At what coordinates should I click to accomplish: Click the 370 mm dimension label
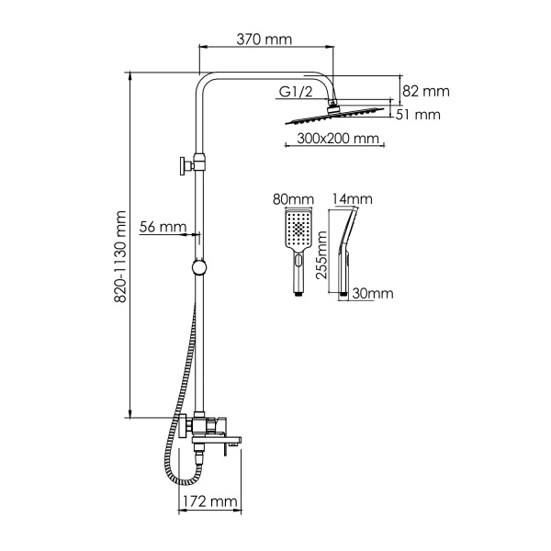pyautogui.click(x=264, y=39)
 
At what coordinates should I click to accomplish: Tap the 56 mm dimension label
pyautogui.click(x=163, y=227)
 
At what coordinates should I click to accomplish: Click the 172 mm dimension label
pyautogui.click(x=207, y=502)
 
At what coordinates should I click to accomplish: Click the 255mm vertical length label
pyautogui.click(x=322, y=259)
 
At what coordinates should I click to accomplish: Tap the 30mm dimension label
pyautogui.click(x=374, y=294)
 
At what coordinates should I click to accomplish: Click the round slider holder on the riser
pyautogui.click(x=197, y=268)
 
